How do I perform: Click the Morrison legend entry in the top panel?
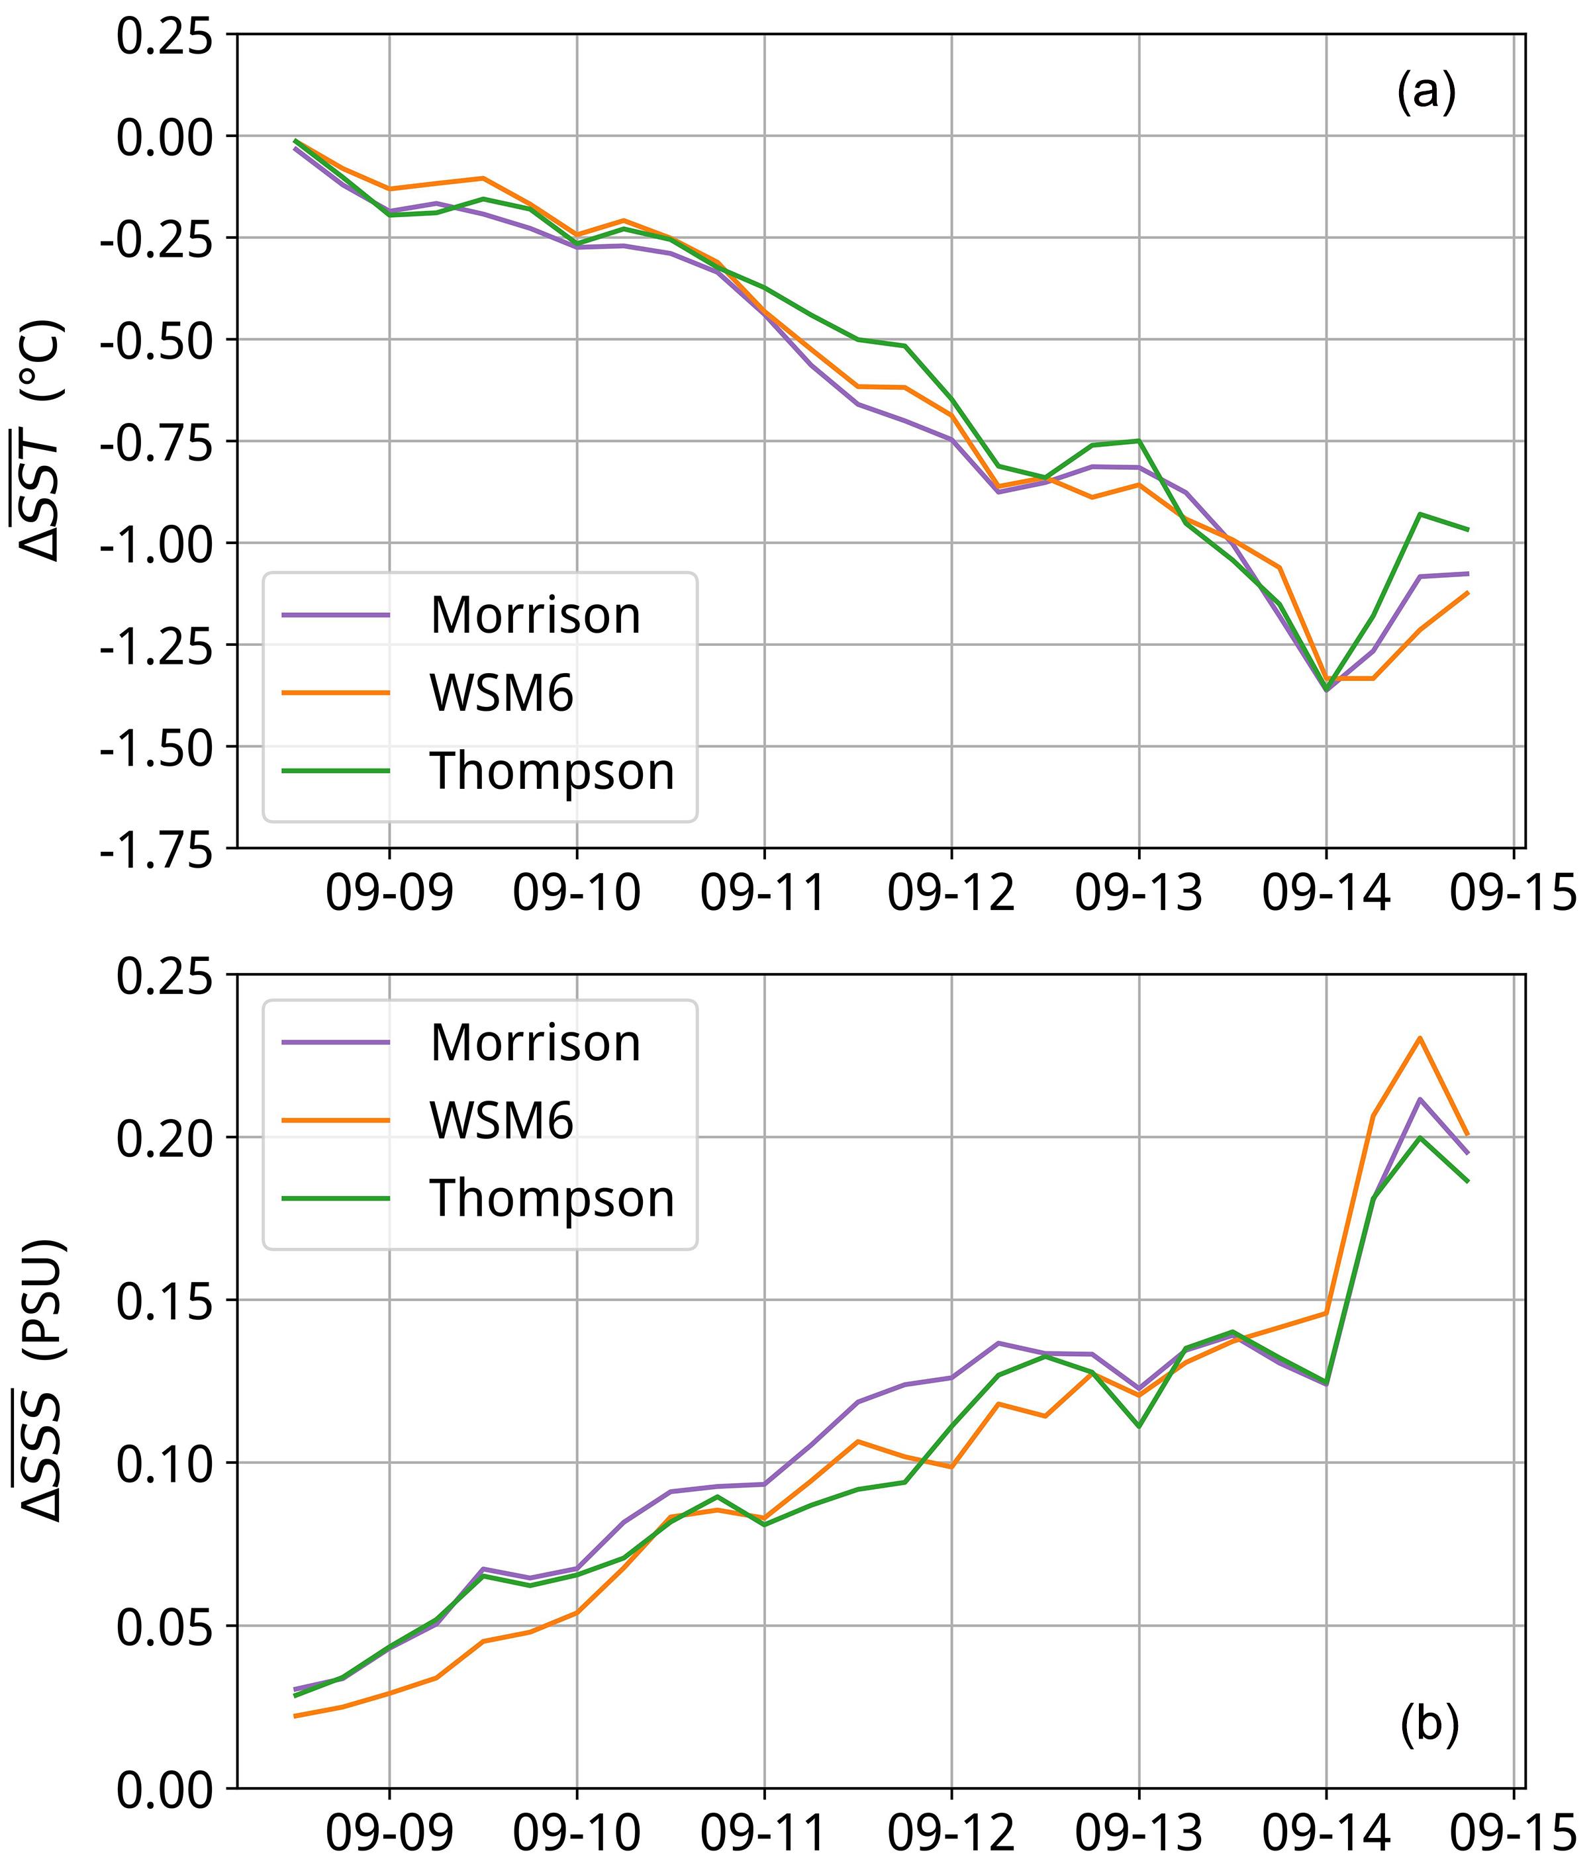[x=535, y=615]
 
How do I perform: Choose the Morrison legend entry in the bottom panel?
[x=535, y=1043]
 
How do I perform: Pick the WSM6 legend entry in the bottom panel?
[x=502, y=1120]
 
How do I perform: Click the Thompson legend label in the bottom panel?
[x=552, y=1199]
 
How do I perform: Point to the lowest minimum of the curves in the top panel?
[x=1326, y=691]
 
